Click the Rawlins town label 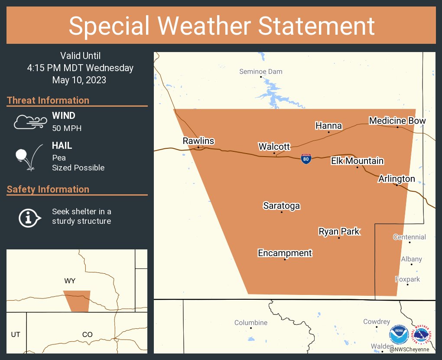point(198,141)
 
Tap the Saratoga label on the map point(282,206)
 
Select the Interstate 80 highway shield point(306,159)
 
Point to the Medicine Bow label point(397,121)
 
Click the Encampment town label point(285,253)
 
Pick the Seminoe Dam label point(261,72)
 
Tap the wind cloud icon point(30,122)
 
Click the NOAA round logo point(399,335)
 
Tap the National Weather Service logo point(422,335)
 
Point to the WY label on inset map point(70,281)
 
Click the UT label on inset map point(16,334)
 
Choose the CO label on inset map point(88,334)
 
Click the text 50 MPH point(67,128)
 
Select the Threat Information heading point(48,100)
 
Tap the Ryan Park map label point(339,231)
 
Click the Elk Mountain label point(357,161)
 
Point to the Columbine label point(251,323)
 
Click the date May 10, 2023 point(79,80)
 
